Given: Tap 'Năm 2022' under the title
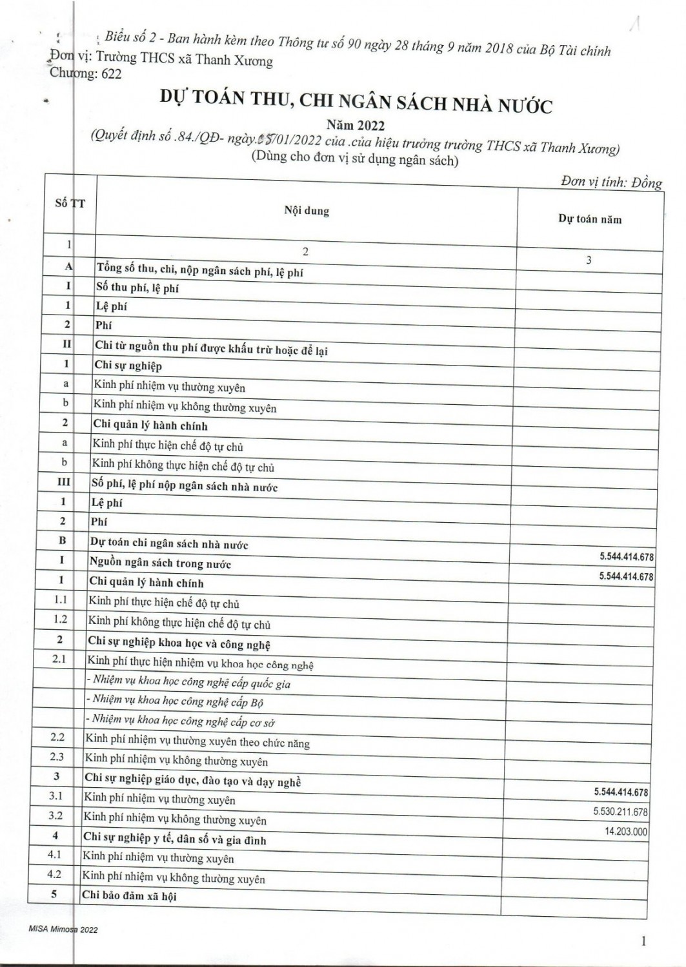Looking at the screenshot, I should [x=355, y=126].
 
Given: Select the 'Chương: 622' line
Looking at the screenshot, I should [x=85, y=73].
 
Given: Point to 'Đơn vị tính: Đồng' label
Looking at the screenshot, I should [x=610, y=182].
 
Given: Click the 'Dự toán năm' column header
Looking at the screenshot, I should [x=590, y=219].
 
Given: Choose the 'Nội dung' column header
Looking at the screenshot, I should [x=307, y=211].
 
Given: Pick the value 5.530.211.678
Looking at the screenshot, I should [x=620, y=812].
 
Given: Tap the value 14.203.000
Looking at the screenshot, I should [x=625, y=832].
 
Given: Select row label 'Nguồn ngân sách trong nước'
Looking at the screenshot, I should [x=160, y=563].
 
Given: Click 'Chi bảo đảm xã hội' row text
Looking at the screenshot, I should [x=129, y=896].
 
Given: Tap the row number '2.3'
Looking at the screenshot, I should [x=57, y=757].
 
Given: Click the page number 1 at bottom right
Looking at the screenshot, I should [x=643, y=942].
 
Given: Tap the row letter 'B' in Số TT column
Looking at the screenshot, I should [x=62, y=541].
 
